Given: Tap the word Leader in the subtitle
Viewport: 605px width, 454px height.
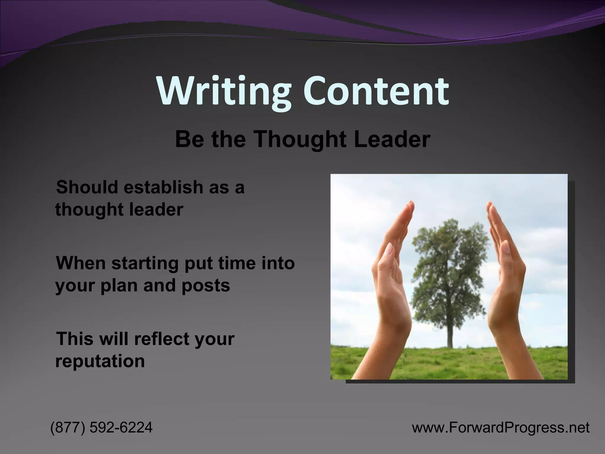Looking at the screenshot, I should [x=392, y=139].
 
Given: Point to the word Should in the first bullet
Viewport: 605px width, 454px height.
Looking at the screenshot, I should [x=87, y=187].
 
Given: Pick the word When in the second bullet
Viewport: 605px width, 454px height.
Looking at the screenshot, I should [x=81, y=263].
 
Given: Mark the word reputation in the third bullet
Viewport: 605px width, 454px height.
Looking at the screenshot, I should [x=100, y=361].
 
